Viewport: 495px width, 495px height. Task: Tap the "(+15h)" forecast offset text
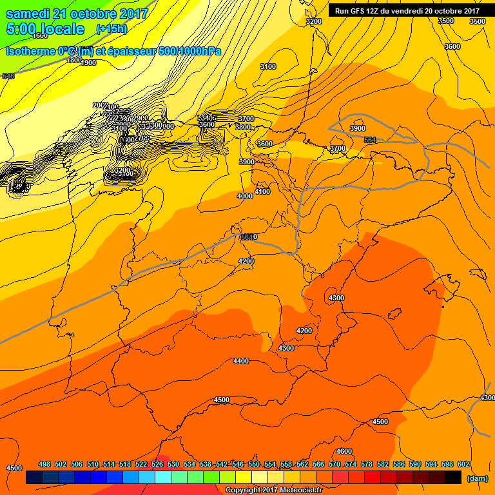click(112, 28)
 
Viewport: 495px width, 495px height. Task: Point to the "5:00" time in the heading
click(21, 29)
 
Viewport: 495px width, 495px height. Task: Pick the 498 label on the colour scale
click(44, 464)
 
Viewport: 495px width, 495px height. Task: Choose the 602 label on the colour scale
click(463, 464)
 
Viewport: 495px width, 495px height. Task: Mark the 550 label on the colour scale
click(254, 464)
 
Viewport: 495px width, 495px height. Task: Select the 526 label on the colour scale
click(157, 464)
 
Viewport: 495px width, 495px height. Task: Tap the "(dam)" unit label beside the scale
click(477, 478)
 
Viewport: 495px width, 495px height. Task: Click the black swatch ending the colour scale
click(453, 478)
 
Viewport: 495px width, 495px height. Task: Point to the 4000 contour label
click(245, 196)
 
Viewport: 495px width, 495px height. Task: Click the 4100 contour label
click(262, 191)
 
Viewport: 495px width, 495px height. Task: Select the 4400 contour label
click(241, 361)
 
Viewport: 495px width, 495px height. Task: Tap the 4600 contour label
click(344, 451)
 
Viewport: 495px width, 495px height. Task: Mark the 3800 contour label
click(243, 127)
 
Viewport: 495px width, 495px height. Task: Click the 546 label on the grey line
click(8, 76)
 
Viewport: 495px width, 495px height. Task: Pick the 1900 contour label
click(89, 63)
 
